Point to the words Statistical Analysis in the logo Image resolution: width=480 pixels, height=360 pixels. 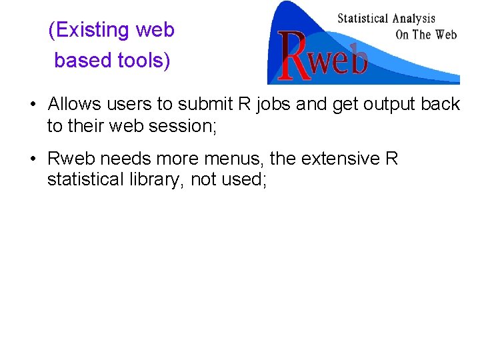click(x=386, y=19)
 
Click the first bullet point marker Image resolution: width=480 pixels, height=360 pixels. click(x=32, y=105)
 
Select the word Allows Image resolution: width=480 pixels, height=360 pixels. click(x=75, y=105)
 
